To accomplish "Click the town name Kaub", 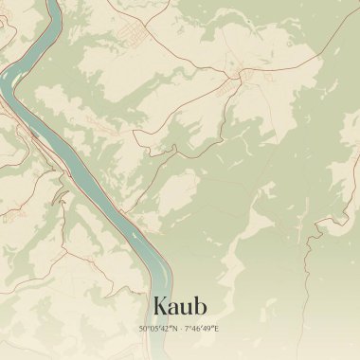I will tap(179, 306).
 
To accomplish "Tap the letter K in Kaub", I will tap(159, 306).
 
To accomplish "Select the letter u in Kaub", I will tap(186, 308).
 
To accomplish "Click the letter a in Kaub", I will tap(172, 308).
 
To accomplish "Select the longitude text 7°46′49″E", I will tap(201, 328).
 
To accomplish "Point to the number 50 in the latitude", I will tap(143, 328).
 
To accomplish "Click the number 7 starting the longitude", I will tap(186, 328).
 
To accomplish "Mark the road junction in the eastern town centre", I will tap(243, 74).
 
